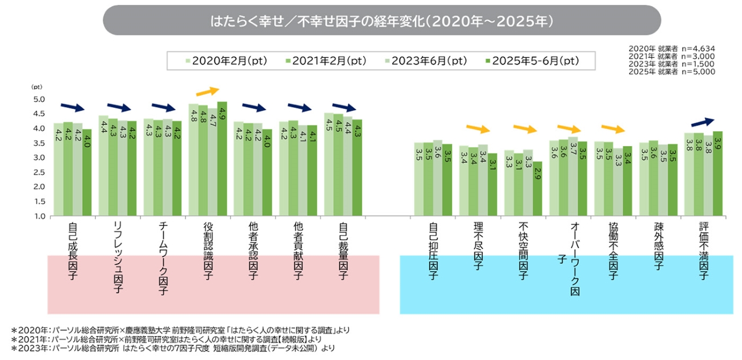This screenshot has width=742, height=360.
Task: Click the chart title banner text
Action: pyautogui.click(x=381, y=21)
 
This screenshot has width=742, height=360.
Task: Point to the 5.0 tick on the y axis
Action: pyautogui.click(x=38, y=99)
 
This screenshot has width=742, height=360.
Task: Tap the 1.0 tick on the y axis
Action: pyautogui.click(x=38, y=216)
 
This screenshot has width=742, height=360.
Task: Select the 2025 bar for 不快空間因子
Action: pyautogui.click(x=537, y=188)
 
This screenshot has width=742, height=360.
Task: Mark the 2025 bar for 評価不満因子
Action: pyautogui.click(x=717, y=173)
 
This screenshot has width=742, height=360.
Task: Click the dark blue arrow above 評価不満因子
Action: pyautogui.click(x=703, y=122)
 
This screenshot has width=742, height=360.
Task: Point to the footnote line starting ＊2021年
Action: pyautogui.click(x=171, y=339)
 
